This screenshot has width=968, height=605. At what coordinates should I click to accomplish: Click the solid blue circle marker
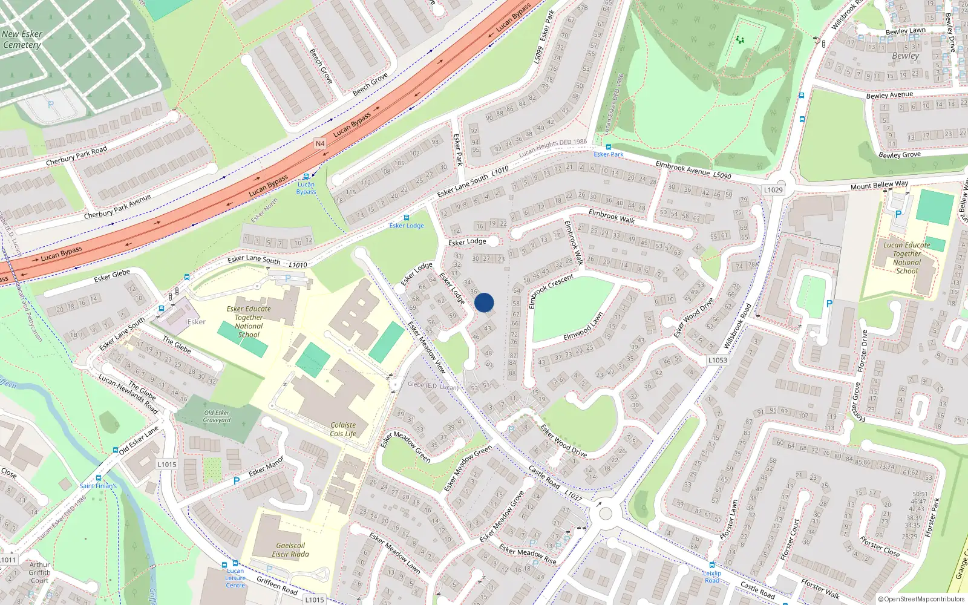click(484, 302)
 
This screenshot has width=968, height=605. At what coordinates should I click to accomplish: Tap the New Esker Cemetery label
click(22, 39)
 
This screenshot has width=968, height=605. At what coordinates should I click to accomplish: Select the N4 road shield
click(320, 143)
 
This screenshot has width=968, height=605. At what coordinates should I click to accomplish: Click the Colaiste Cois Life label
click(343, 430)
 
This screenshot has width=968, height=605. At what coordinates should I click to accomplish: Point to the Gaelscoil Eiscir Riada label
click(290, 549)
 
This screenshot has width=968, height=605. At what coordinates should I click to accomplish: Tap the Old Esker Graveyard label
click(217, 416)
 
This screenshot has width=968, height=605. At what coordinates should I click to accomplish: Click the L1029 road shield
click(773, 189)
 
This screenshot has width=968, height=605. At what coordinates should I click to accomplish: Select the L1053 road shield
click(718, 360)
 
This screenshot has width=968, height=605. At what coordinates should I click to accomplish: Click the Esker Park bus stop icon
click(608, 147)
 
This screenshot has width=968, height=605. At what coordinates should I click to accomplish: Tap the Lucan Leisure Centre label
click(235, 578)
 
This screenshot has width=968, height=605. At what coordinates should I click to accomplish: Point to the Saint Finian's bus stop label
click(98, 486)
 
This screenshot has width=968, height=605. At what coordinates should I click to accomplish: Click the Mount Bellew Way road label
click(879, 185)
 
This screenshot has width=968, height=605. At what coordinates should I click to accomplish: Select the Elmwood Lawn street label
click(583, 327)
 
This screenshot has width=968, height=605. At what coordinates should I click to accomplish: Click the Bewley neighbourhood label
click(905, 56)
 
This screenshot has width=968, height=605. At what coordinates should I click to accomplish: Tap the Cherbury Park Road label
click(76, 156)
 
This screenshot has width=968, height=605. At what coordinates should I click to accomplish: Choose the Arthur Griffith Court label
click(39, 572)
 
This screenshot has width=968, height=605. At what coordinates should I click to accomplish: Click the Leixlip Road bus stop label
click(712, 577)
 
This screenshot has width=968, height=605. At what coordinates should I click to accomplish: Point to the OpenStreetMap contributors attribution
click(921, 599)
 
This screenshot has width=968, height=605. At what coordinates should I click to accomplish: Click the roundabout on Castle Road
click(604, 514)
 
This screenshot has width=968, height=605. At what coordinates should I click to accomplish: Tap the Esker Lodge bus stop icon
click(407, 218)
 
